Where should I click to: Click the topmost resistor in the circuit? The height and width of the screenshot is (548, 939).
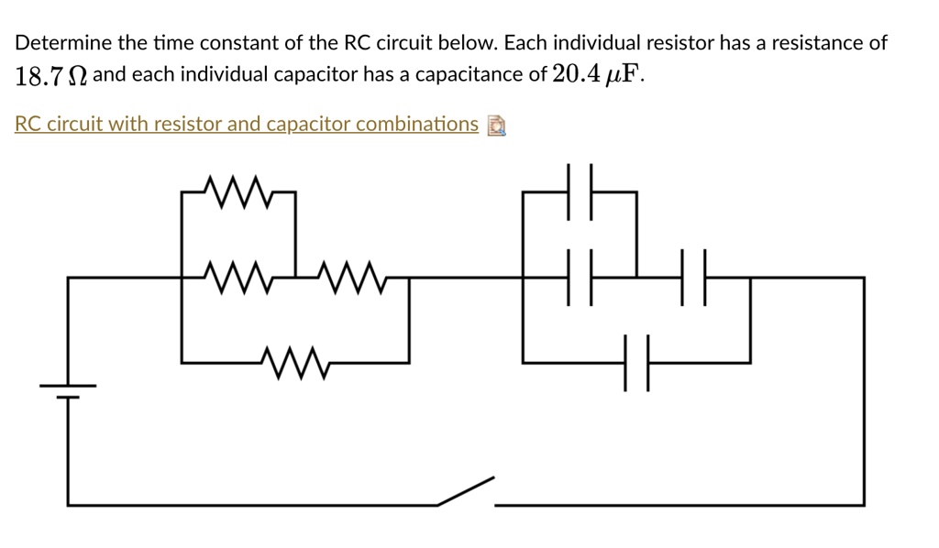[x=238, y=192]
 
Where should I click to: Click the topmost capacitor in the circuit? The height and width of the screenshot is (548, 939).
[x=580, y=192]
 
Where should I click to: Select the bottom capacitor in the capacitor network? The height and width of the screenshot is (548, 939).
[x=636, y=362]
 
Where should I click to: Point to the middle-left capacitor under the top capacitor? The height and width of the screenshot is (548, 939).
[x=580, y=276]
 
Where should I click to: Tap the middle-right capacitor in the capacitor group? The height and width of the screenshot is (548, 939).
[x=693, y=276]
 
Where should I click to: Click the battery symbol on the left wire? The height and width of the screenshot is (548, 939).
[x=68, y=390]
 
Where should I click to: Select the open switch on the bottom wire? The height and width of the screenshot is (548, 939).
[x=466, y=493]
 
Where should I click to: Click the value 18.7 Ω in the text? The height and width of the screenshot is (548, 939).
[x=51, y=76]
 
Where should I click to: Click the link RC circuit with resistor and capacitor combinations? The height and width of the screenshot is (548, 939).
[x=247, y=124]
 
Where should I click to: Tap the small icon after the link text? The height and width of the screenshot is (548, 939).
[x=496, y=126]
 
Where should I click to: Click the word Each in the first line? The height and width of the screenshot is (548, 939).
[x=524, y=43]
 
